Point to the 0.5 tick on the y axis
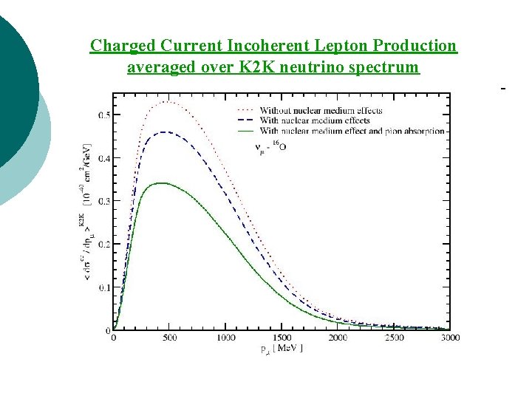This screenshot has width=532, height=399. pos(103,115)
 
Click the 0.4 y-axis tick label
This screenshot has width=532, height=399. pos(103,158)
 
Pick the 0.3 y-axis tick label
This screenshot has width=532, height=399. pos(103,201)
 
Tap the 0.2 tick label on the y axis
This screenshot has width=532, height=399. pos(103,244)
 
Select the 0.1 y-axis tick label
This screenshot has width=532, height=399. pos(103,287)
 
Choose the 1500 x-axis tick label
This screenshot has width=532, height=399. pos(282,338)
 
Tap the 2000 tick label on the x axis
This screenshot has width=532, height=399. pos(338,338)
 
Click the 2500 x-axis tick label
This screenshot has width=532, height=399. pos(394,338)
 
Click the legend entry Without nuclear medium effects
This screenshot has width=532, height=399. pos(321,110)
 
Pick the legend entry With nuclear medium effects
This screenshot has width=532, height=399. pos(315,120)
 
